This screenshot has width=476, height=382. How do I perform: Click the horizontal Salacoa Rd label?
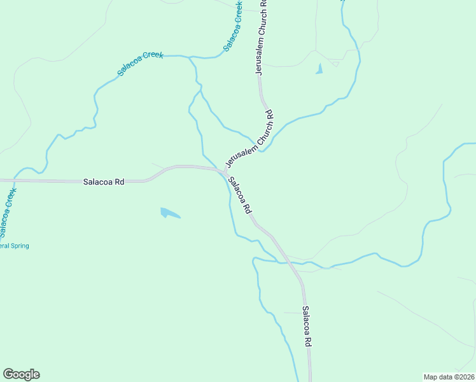[x=104, y=181]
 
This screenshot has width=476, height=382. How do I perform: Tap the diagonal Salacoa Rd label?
[x=241, y=195]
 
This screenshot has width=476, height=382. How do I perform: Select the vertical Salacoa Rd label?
[x=307, y=327]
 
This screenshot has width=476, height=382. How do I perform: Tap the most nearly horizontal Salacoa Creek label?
[x=140, y=64]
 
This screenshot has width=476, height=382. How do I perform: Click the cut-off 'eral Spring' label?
[x=14, y=246]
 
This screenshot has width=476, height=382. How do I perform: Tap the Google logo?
[x=21, y=374]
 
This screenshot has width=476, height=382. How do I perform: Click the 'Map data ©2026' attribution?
[x=449, y=376]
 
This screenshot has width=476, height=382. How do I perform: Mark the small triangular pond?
[x=319, y=69]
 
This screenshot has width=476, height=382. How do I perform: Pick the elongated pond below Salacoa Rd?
[x=169, y=213]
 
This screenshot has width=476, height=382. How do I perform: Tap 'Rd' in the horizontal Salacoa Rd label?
[x=119, y=181]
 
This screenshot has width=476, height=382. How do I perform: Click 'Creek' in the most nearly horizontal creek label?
[x=153, y=57]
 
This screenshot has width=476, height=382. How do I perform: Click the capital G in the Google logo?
[x=8, y=374]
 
